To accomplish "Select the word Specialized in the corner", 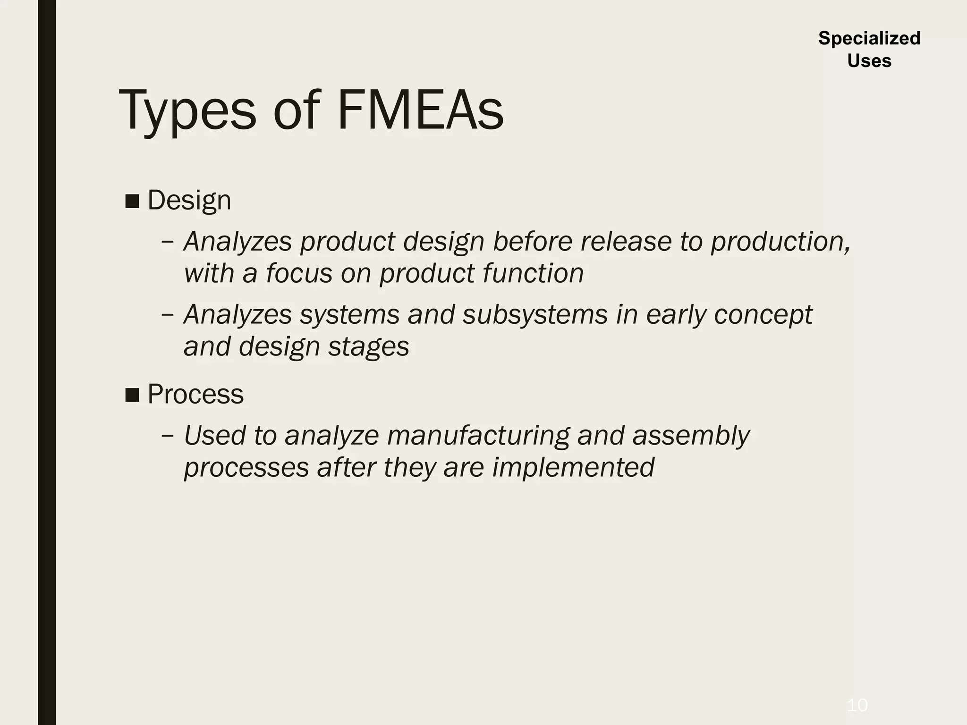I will (x=869, y=38).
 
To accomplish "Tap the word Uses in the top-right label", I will (x=869, y=61).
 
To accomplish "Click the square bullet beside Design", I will (x=132, y=201).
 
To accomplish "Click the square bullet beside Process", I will (x=132, y=395).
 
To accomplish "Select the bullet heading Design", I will (x=189, y=200).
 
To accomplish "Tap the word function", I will (x=533, y=273).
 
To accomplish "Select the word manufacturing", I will (x=478, y=435).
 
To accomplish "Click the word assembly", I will (x=691, y=435).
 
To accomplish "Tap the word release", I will (x=626, y=242).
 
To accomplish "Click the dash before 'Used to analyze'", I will (x=167, y=435).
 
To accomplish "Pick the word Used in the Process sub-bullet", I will (x=214, y=435).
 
